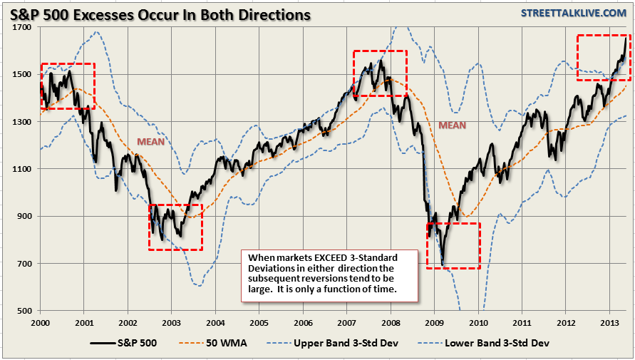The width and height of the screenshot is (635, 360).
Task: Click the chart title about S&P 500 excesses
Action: click(x=160, y=14)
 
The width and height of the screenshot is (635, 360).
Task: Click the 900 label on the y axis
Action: click(x=24, y=216)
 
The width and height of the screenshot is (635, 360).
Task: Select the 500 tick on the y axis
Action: click(x=24, y=311)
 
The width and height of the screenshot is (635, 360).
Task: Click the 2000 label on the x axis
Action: click(x=41, y=322)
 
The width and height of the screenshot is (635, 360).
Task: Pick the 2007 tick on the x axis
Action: click(x=347, y=322)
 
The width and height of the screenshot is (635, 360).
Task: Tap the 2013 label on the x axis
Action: click(x=609, y=322)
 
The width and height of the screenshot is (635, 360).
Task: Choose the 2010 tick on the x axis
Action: click(x=478, y=322)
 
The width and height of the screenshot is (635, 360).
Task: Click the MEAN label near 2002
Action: click(x=152, y=141)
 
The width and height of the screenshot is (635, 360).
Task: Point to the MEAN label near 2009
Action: click(x=452, y=125)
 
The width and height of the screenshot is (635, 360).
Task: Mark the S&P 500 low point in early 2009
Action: click(x=443, y=265)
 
